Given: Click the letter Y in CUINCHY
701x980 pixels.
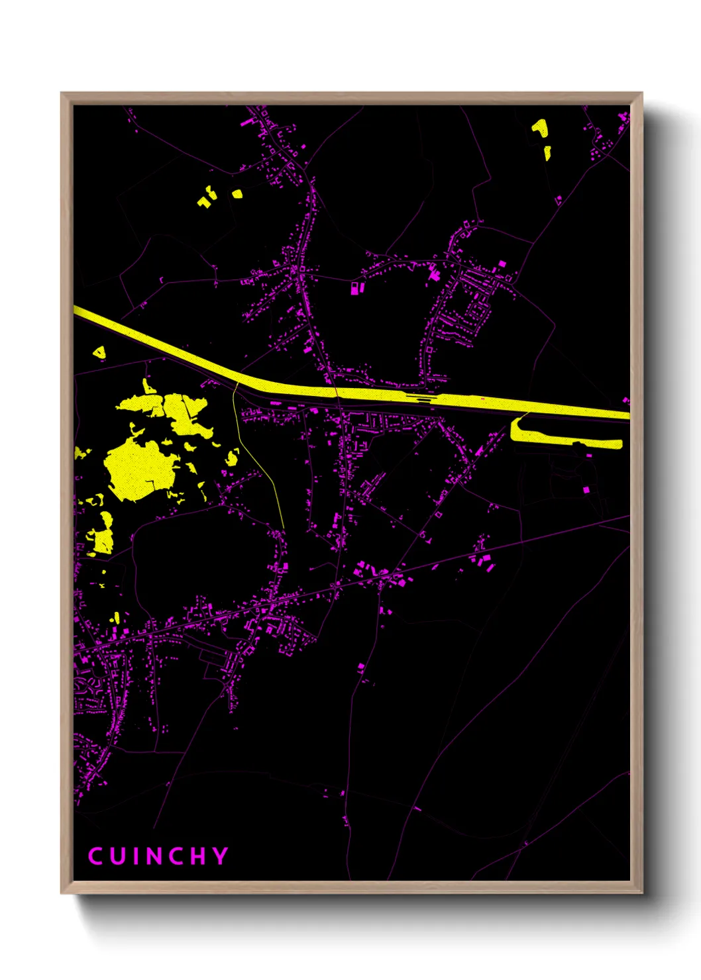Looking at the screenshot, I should click(220, 856).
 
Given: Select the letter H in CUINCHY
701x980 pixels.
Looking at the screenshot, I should click(197, 856).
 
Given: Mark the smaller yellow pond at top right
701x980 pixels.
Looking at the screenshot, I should click(547, 153).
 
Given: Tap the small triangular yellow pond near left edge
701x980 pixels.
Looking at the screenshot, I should click(99, 353).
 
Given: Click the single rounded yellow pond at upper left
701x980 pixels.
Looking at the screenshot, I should click(237, 194).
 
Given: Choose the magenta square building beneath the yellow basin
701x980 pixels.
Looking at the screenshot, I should click(586, 489).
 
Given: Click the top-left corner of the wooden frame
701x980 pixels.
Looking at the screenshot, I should click(62, 94).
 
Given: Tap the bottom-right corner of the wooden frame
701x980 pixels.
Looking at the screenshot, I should click(641, 892).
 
